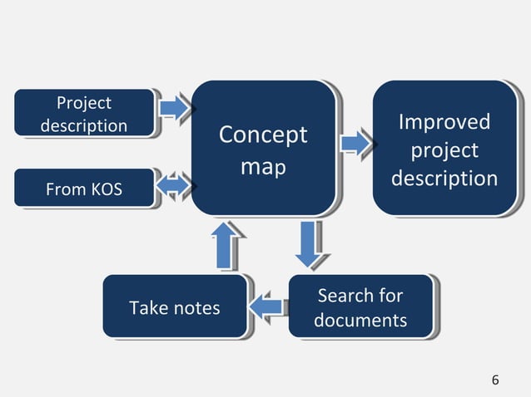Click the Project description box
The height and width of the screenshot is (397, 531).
[x=84, y=113]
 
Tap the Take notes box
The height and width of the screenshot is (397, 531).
[x=174, y=307]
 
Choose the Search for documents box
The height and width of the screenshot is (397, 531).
[x=360, y=307]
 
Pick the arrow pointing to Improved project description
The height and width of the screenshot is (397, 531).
[x=357, y=143]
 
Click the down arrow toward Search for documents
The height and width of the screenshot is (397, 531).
[x=309, y=243]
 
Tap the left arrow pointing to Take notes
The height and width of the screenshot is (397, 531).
[x=268, y=306]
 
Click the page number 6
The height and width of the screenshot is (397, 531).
[x=495, y=380]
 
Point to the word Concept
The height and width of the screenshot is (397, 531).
[x=262, y=135]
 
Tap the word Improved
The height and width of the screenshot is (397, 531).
[x=444, y=123]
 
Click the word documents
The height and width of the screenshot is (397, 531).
[x=360, y=320]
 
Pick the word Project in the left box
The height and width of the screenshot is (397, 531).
[x=83, y=103]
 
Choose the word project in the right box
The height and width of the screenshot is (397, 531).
[x=444, y=151]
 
